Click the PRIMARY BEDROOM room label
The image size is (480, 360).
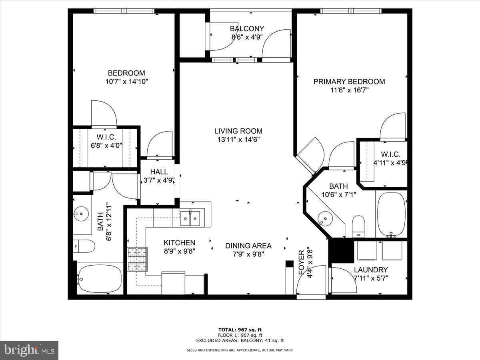(349, 82)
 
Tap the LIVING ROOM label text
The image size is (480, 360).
(238, 131)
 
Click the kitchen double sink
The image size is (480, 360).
(190, 218)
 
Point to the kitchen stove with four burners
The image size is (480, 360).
(137, 260)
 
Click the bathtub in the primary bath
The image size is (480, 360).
(391, 215)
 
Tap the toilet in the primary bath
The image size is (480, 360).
(358, 226)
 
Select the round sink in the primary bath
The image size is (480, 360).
(326, 219)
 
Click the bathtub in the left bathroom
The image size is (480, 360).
(99, 278)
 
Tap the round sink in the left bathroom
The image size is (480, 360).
(81, 214)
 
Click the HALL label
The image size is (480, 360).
(159, 172)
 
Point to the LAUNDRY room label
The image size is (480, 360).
(371, 270)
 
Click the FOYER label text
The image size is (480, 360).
(302, 267)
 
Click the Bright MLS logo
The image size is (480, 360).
(29, 350)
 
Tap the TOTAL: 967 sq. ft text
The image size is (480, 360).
(240, 330)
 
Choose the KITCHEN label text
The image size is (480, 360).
(179, 243)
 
